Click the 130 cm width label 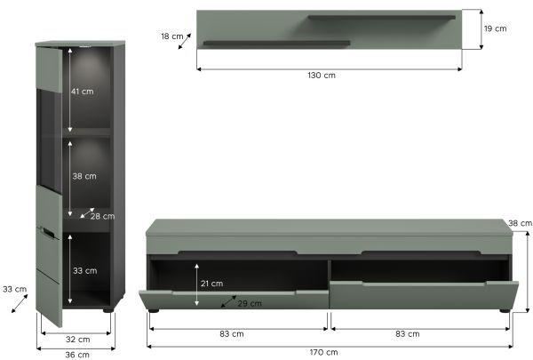pyautogui.click(x=322, y=76)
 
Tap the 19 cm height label pyautogui.click(x=496, y=28)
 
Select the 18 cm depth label pyautogui.click(x=172, y=36)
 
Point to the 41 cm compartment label pyautogui.click(x=82, y=92)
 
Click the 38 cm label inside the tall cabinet pyautogui.click(x=84, y=176)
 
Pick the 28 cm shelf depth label pyautogui.click(x=103, y=216)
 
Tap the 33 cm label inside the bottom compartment pyautogui.click(x=85, y=271)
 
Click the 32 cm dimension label pyautogui.click(x=78, y=340)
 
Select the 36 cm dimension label pyautogui.click(x=77, y=355)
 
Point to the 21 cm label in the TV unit pyautogui.click(x=211, y=284)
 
